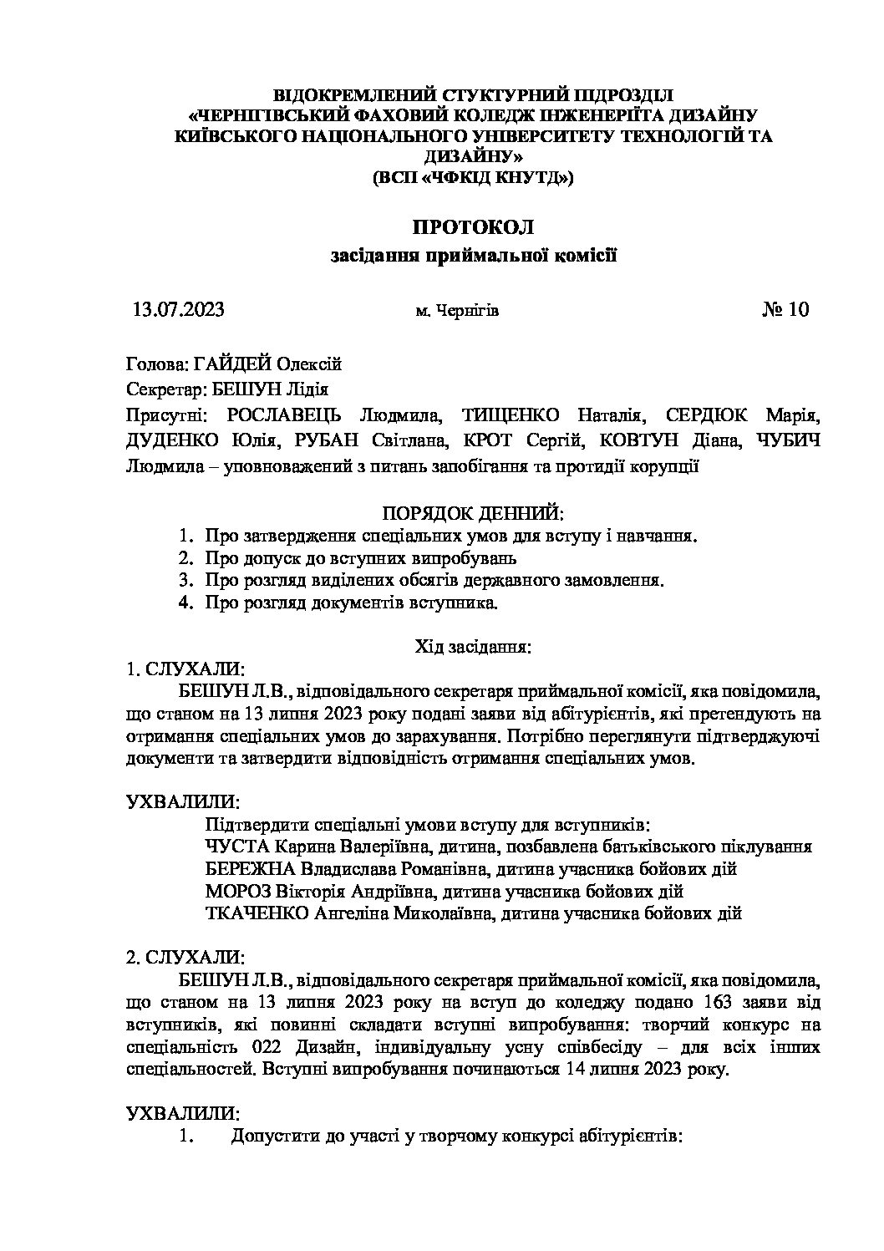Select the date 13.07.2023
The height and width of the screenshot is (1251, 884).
pyautogui.click(x=178, y=310)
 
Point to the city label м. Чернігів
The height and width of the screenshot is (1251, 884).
pyautogui.click(x=457, y=311)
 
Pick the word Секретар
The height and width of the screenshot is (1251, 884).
pyautogui.click(x=159, y=389)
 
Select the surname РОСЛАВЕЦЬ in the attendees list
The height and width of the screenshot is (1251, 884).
pyautogui.click(x=279, y=415)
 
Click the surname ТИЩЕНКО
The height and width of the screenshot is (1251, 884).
pyautogui.click(x=504, y=415)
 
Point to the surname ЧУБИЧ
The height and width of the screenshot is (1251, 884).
pyautogui.click(x=788, y=441)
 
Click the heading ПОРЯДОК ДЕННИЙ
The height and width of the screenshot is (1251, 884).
pyautogui.click(x=473, y=511)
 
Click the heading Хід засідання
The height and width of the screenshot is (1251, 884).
pyautogui.click(x=473, y=647)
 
